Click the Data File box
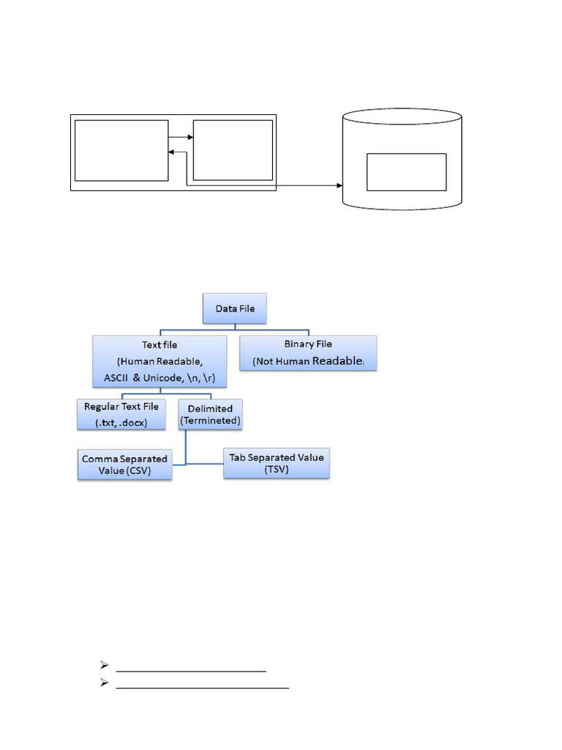click(x=235, y=308)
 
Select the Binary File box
click(x=308, y=353)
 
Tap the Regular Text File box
click(x=121, y=415)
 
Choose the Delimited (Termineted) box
click(x=210, y=415)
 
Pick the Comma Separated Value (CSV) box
click(x=124, y=464)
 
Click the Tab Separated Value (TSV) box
click(x=277, y=464)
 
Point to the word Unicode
click(x=163, y=378)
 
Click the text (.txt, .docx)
click(x=121, y=423)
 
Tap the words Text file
click(x=160, y=345)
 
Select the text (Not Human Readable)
click(x=308, y=361)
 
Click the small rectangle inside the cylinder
click(x=407, y=172)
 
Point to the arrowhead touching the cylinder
click(x=340, y=185)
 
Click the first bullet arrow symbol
click(x=104, y=665)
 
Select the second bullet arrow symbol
click(x=104, y=683)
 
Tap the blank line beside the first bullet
click(x=191, y=672)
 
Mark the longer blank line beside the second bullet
click(x=203, y=688)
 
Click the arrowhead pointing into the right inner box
click(x=190, y=137)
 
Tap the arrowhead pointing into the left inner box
click(x=171, y=152)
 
